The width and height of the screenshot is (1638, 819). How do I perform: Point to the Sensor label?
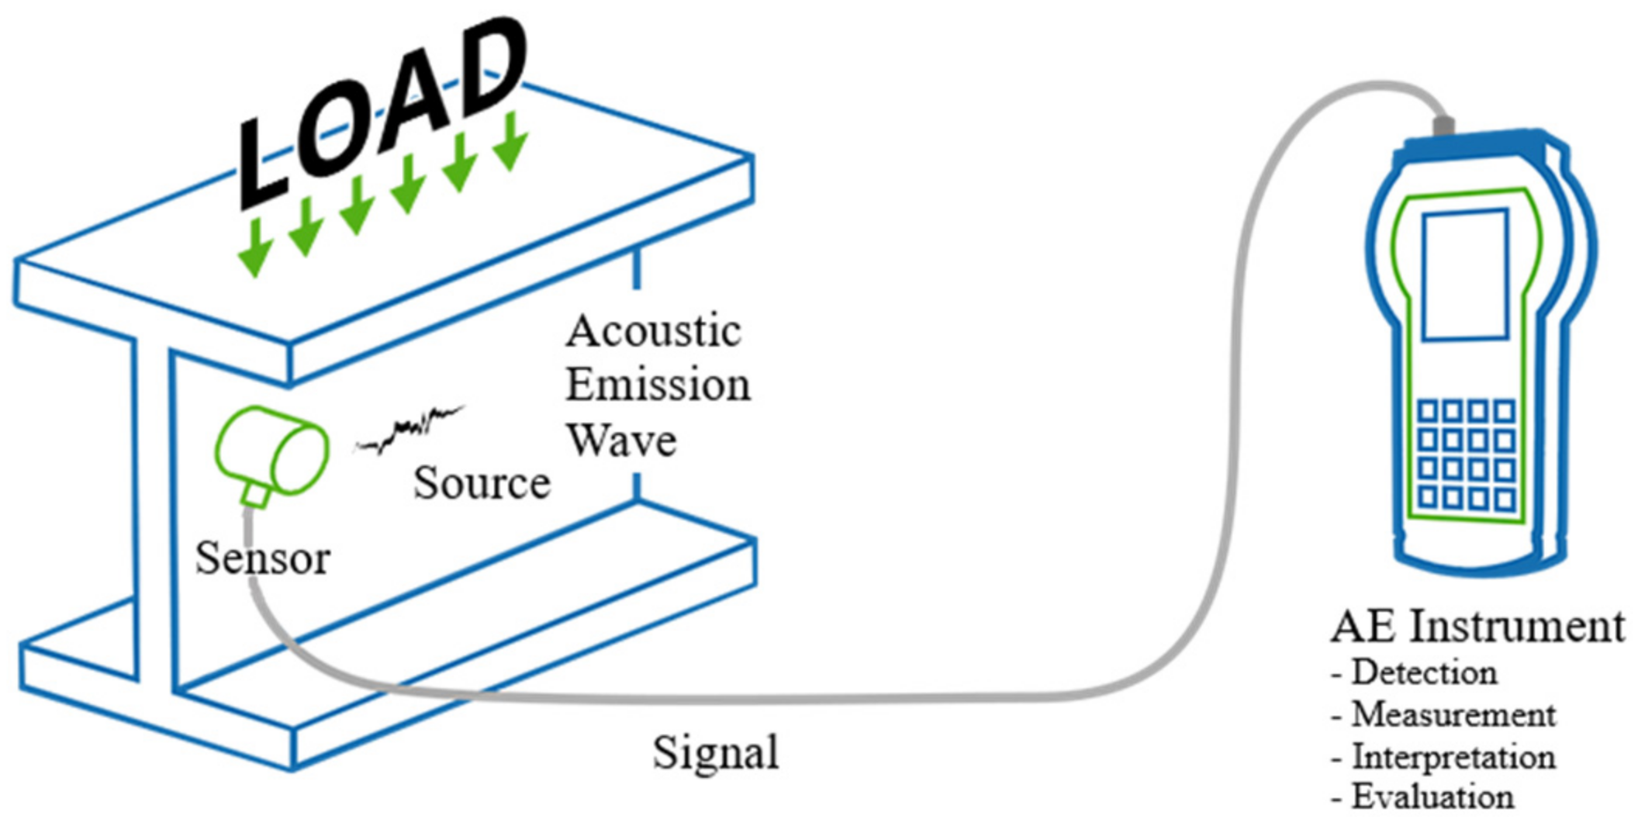click(x=262, y=558)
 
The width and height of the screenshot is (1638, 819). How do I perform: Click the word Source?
click(x=482, y=483)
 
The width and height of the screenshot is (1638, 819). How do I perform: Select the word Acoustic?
click(x=653, y=332)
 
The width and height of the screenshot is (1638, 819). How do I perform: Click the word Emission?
click(x=658, y=385)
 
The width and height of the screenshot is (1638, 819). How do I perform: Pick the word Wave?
click(x=621, y=440)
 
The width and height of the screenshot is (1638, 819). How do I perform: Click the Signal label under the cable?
click(x=715, y=752)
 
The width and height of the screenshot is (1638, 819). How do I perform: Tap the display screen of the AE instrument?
click(x=1464, y=275)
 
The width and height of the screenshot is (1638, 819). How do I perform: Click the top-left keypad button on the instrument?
click(x=1428, y=411)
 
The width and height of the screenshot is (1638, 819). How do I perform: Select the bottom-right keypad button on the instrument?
click(x=1504, y=499)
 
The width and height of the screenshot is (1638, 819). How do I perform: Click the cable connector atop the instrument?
click(x=1443, y=125)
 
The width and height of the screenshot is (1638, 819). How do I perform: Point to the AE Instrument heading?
click(x=1477, y=627)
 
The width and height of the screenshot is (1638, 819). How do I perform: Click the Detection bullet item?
click(x=1424, y=673)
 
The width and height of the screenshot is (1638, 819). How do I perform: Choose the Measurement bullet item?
click(x=1453, y=715)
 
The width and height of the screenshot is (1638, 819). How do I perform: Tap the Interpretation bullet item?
click(x=1453, y=757)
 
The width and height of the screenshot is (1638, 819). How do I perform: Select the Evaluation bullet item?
click(x=1432, y=797)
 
